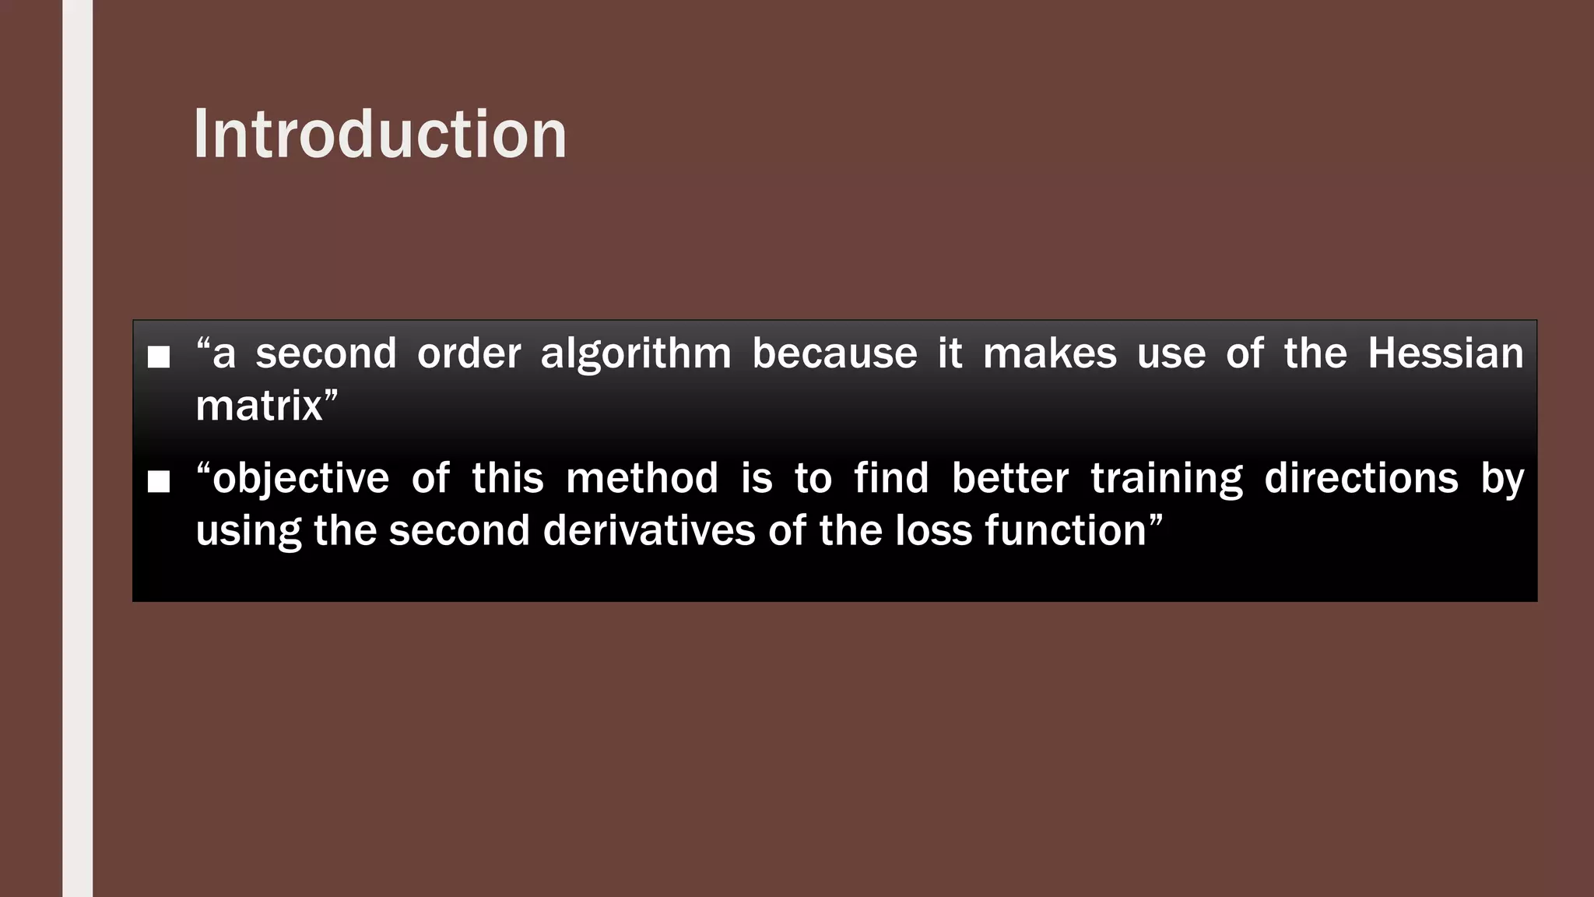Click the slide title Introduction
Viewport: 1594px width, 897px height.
(380, 135)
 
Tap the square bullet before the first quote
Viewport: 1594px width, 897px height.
(159, 357)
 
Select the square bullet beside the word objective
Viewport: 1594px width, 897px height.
(159, 481)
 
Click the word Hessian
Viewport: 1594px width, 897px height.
(1445, 354)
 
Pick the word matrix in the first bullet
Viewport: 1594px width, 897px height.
(258, 406)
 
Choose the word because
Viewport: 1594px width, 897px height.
(834, 354)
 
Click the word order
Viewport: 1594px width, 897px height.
(469, 354)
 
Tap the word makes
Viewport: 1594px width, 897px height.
(1049, 354)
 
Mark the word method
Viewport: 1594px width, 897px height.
(642, 478)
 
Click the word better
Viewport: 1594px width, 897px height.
(1009, 478)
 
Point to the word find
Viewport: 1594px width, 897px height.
(891, 478)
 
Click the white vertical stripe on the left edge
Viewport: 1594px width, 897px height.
(77, 448)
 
